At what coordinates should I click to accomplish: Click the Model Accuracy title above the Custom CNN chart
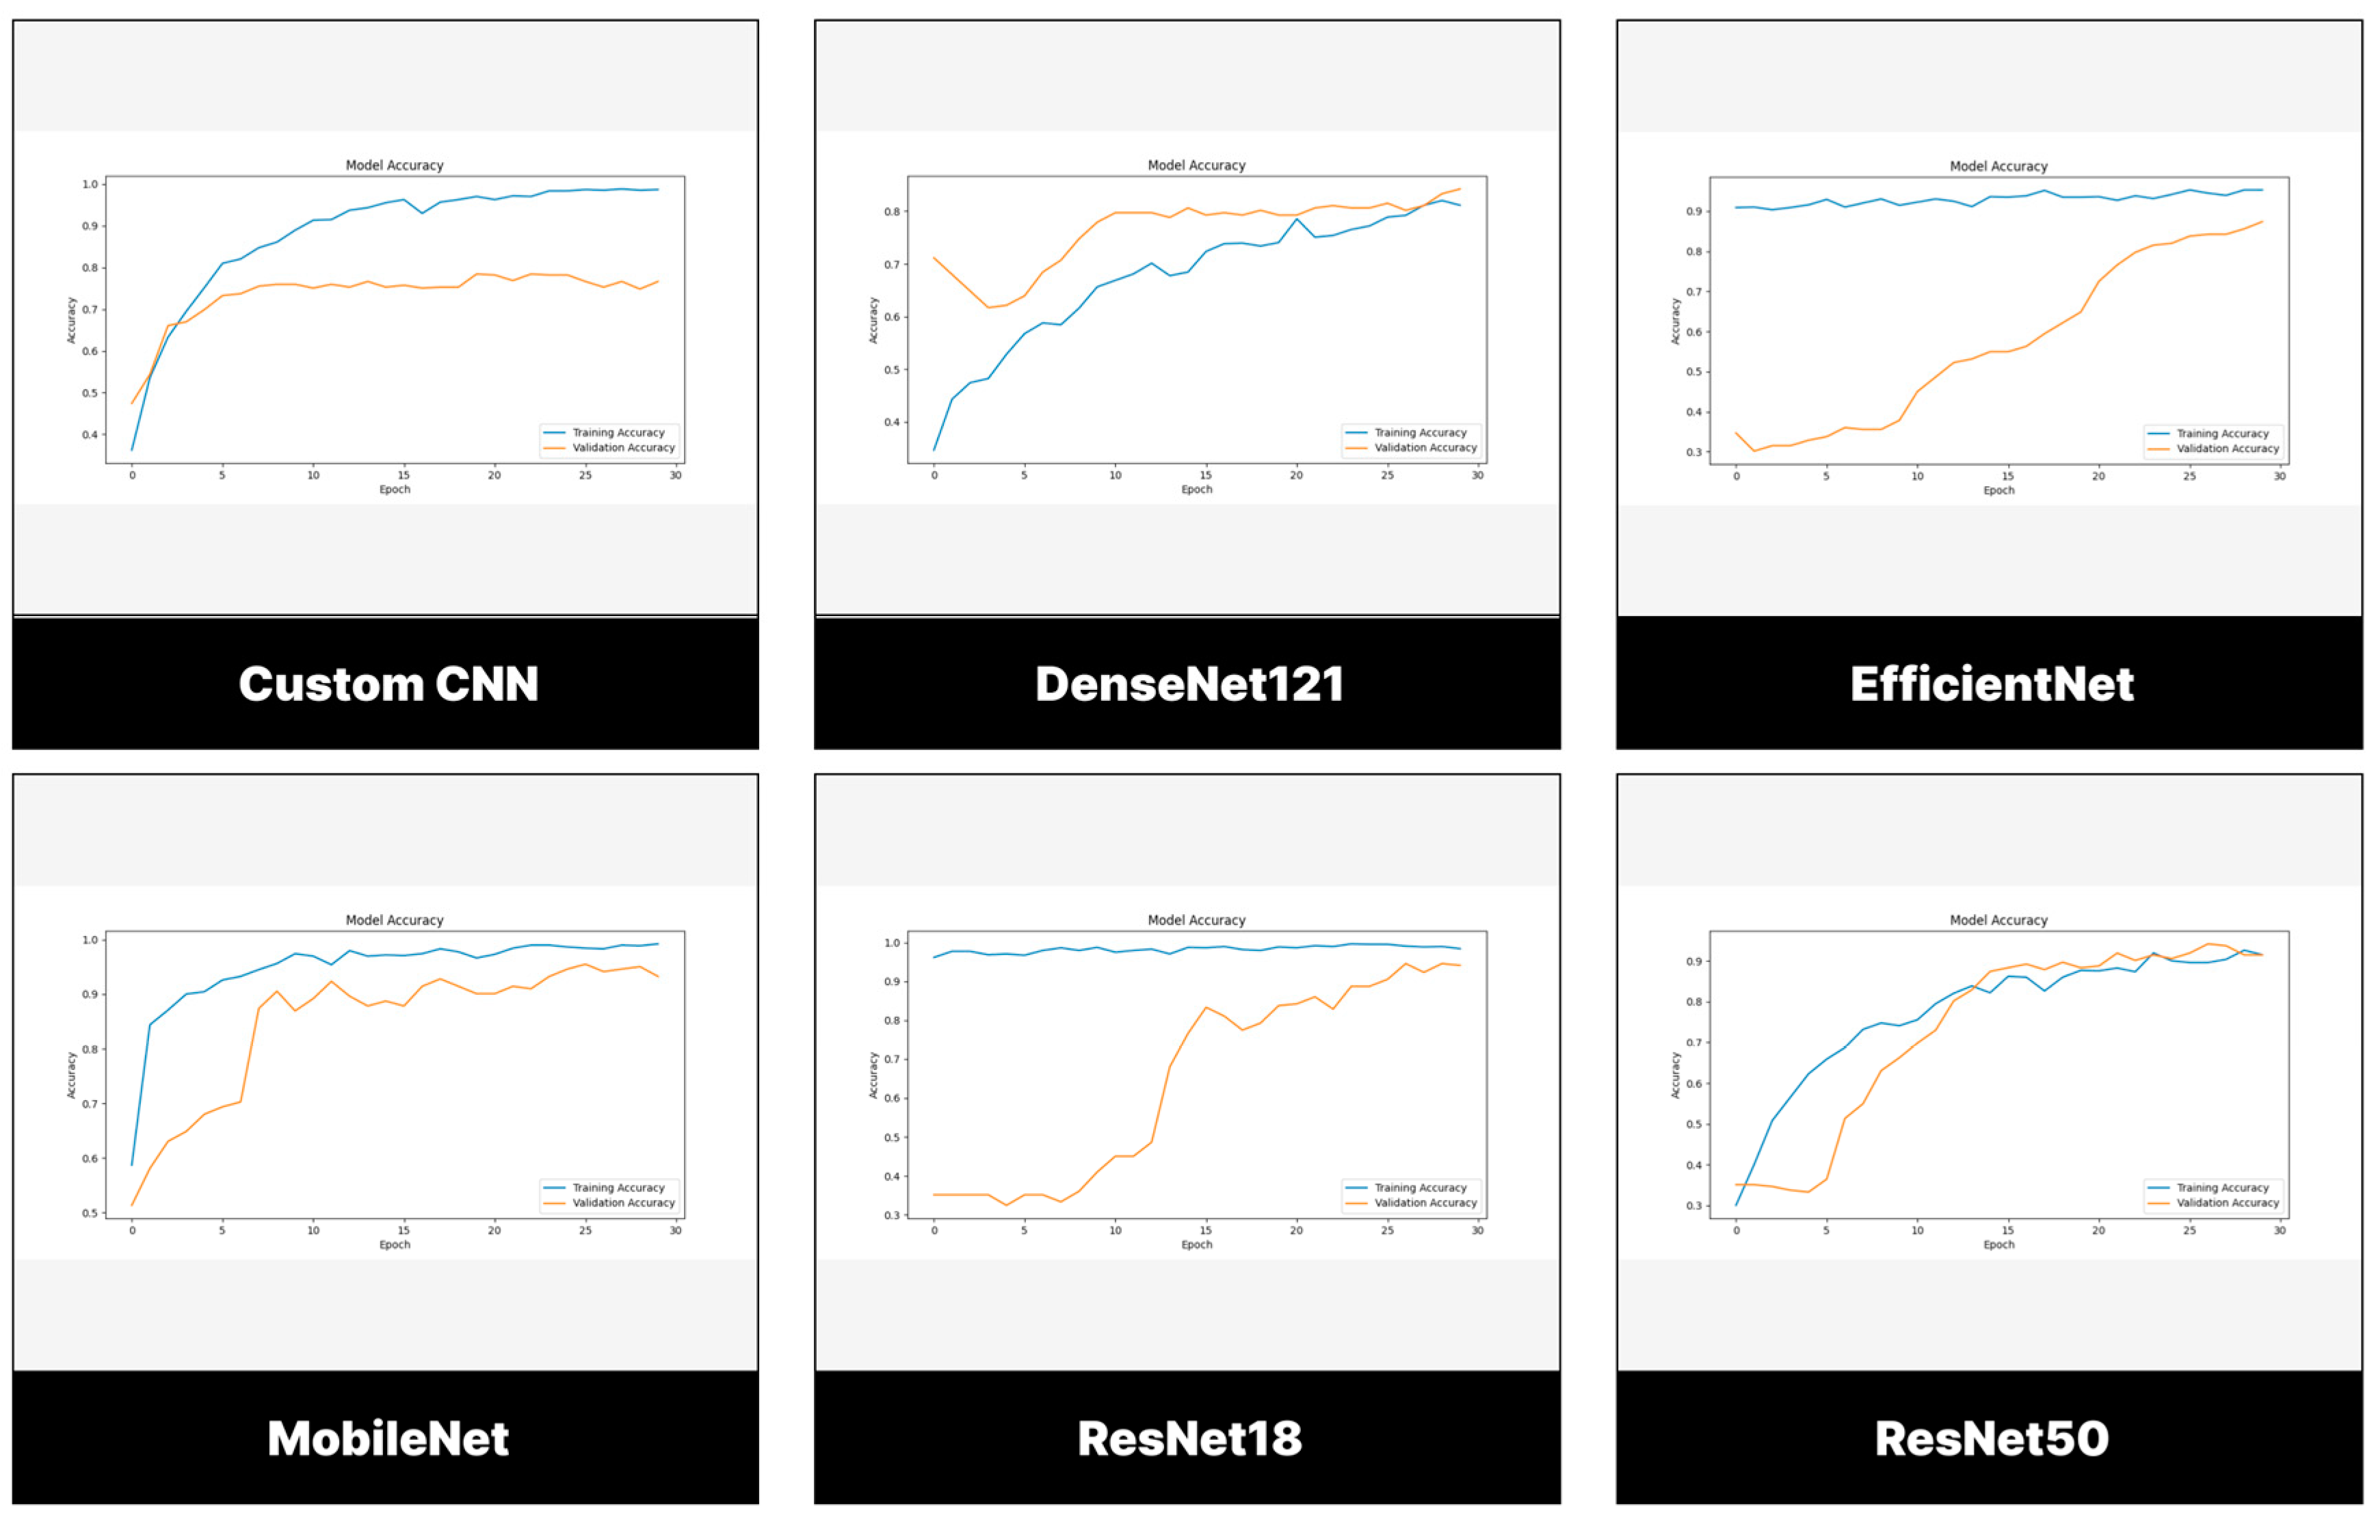click(x=395, y=165)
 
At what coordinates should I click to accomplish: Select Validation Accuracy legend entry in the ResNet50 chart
click(x=2227, y=1203)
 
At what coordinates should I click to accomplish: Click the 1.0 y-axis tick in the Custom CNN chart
click(x=90, y=185)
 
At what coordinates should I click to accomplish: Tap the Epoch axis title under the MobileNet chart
click(x=395, y=1244)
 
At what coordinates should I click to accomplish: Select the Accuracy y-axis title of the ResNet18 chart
click(x=873, y=1076)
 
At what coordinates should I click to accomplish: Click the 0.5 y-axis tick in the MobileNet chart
click(x=90, y=1213)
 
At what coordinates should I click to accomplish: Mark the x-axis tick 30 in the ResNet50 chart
click(x=2279, y=1231)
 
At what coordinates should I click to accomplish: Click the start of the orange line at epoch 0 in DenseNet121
click(x=934, y=258)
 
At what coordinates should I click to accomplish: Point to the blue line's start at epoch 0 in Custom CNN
click(x=133, y=450)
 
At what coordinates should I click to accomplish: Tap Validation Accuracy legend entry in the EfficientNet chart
click(x=2227, y=449)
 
